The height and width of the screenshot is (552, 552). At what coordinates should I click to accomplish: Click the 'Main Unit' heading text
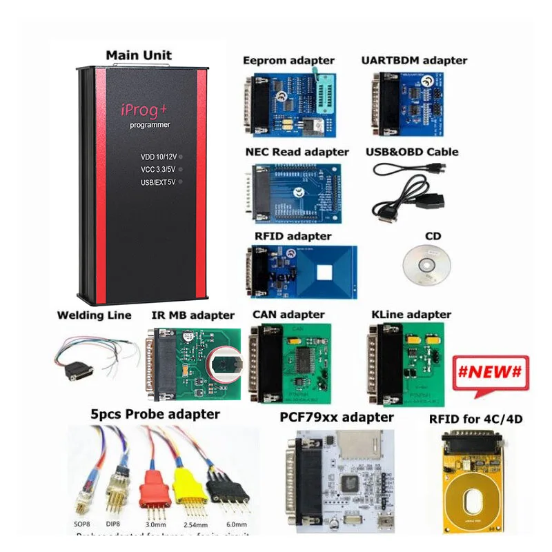pyautogui.click(x=139, y=55)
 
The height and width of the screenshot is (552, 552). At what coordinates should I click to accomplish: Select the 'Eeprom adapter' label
pyautogui.click(x=288, y=61)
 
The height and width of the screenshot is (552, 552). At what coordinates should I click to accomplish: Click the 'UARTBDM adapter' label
pyautogui.click(x=414, y=61)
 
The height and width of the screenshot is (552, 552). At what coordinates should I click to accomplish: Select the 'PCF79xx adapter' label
pyautogui.click(x=337, y=417)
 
